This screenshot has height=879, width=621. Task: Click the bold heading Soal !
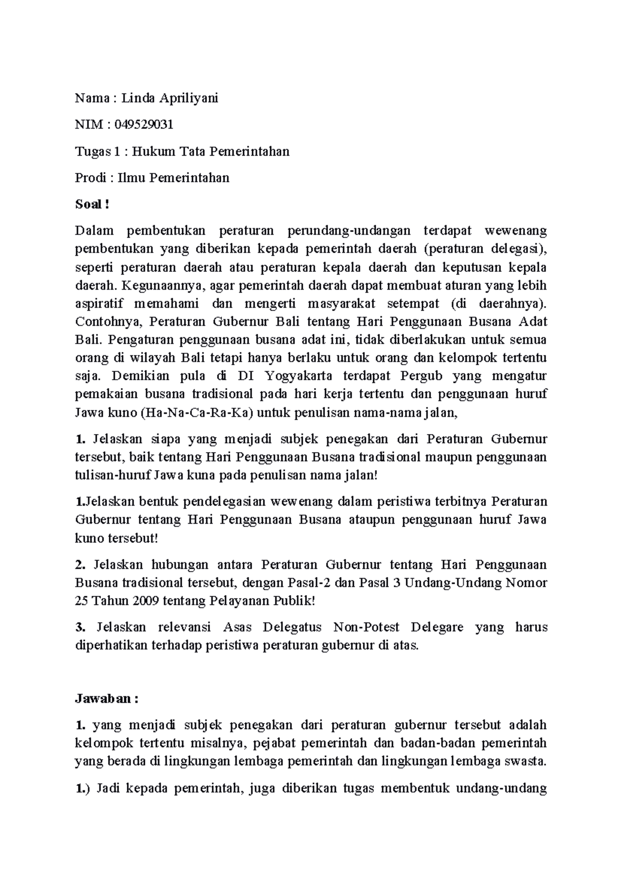[x=92, y=205]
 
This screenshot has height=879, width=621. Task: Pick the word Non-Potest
[x=366, y=627]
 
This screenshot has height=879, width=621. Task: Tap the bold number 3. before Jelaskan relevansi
[x=80, y=627]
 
